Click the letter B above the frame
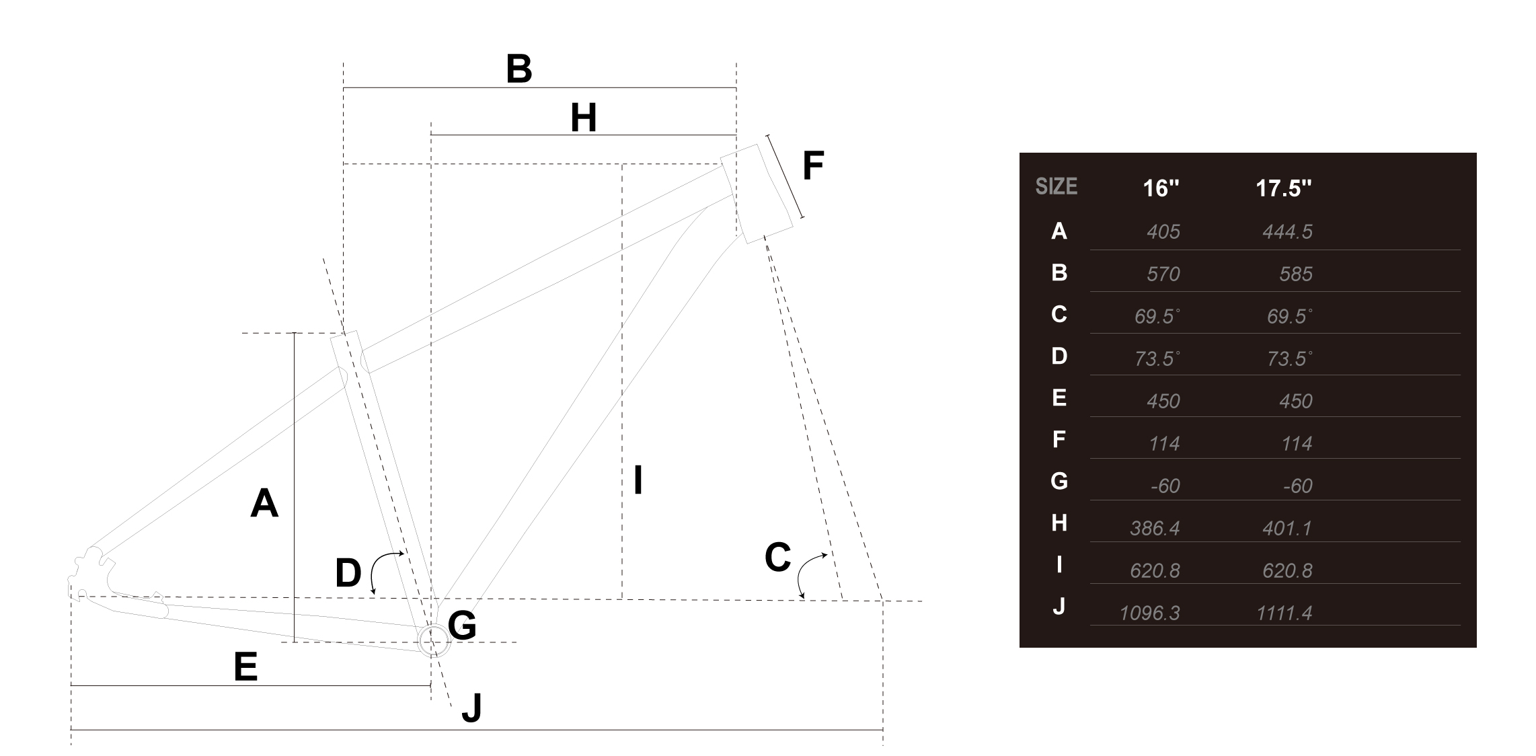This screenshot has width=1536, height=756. click(x=519, y=69)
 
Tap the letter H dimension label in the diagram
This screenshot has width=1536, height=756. click(x=583, y=118)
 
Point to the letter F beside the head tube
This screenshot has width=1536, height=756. click(x=813, y=165)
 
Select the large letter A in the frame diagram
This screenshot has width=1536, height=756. click(x=264, y=503)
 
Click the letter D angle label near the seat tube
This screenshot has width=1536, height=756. click(x=348, y=573)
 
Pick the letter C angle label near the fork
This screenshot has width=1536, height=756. click(x=777, y=558)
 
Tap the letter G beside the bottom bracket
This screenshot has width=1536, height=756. click(x=462, y=626)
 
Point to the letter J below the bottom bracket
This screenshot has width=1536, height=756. click(x=472, y=708)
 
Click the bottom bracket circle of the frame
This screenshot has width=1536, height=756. click(x=433, y=641)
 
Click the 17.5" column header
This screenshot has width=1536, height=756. click(x=1283, y=188)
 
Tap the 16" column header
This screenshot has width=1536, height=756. click(x=1161, y=188)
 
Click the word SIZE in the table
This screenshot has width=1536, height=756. click(x=1056, y=186)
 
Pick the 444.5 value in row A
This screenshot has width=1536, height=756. click(x=1287, y=232)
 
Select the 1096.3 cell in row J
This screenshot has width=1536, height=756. click(x=1149, y=613)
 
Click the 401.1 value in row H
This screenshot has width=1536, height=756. click(x=1287, y=528)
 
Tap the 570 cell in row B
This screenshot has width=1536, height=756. click(x=1163, y=274)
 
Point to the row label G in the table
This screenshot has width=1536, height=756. click(x=1059, y=481)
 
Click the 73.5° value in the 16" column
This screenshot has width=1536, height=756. click(x=1157, y=358)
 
